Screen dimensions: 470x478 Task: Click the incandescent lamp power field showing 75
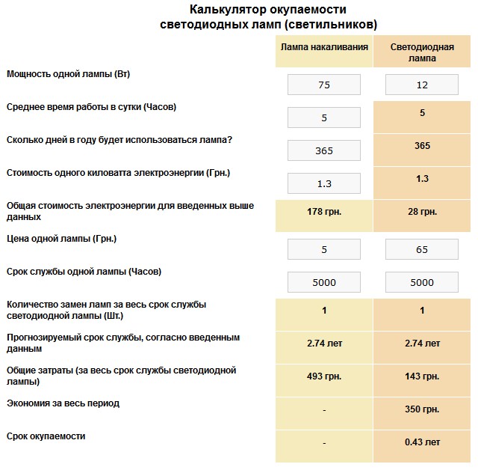tap(324, 85)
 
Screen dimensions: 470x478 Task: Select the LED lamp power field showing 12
tap(422, 85)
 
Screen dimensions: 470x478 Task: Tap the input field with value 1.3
tap(324, 183)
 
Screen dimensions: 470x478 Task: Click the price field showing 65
tap(422, 249)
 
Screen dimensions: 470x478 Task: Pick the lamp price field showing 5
tap(324, 249)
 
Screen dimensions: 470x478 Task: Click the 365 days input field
tap(324, 150)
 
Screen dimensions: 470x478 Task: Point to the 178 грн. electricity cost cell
tap(324, 213)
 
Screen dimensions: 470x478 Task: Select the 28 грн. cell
tap(422, 213)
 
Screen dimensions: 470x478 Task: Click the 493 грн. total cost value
tap(324, 376)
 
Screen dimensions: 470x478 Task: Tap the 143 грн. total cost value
tap(422, 376)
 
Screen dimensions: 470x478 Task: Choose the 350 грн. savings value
tap(422, 409)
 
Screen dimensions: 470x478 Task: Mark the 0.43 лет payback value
tap(422, 442)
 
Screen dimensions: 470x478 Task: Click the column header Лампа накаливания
tap(324, 47)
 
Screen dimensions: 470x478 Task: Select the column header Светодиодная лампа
tap(422, 52)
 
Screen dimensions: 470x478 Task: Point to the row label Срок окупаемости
tap(46, 436)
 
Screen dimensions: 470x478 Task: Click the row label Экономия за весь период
tap(63, 403)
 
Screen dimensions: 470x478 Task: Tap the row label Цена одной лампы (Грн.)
tap(61, 238)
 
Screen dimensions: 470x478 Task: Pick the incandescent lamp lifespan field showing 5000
tap(324, 282)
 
